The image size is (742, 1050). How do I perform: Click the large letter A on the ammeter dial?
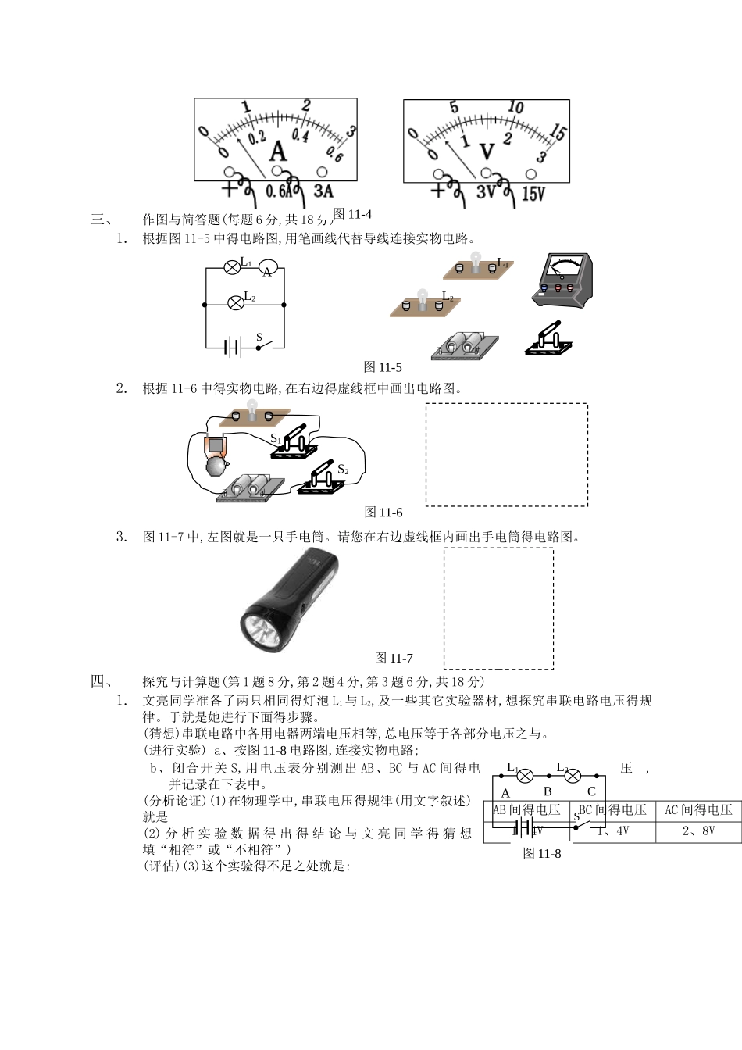point(278,151)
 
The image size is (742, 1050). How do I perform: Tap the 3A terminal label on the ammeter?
point(323,191)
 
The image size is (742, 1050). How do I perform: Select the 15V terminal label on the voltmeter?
point(533,193)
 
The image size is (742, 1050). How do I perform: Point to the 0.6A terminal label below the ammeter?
point(279,191)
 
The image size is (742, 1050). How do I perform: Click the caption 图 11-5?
point(383,367)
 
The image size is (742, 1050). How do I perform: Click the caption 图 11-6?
point(383,512)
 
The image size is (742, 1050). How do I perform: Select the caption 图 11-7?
point(394,658)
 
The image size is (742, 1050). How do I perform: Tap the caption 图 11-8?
point(542,853)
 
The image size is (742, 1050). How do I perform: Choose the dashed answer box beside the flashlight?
point(498,608)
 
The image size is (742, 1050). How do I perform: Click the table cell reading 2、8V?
point(698,830)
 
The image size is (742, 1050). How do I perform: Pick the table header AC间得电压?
point(698,810)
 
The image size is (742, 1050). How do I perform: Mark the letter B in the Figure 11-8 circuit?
point(548,791)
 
